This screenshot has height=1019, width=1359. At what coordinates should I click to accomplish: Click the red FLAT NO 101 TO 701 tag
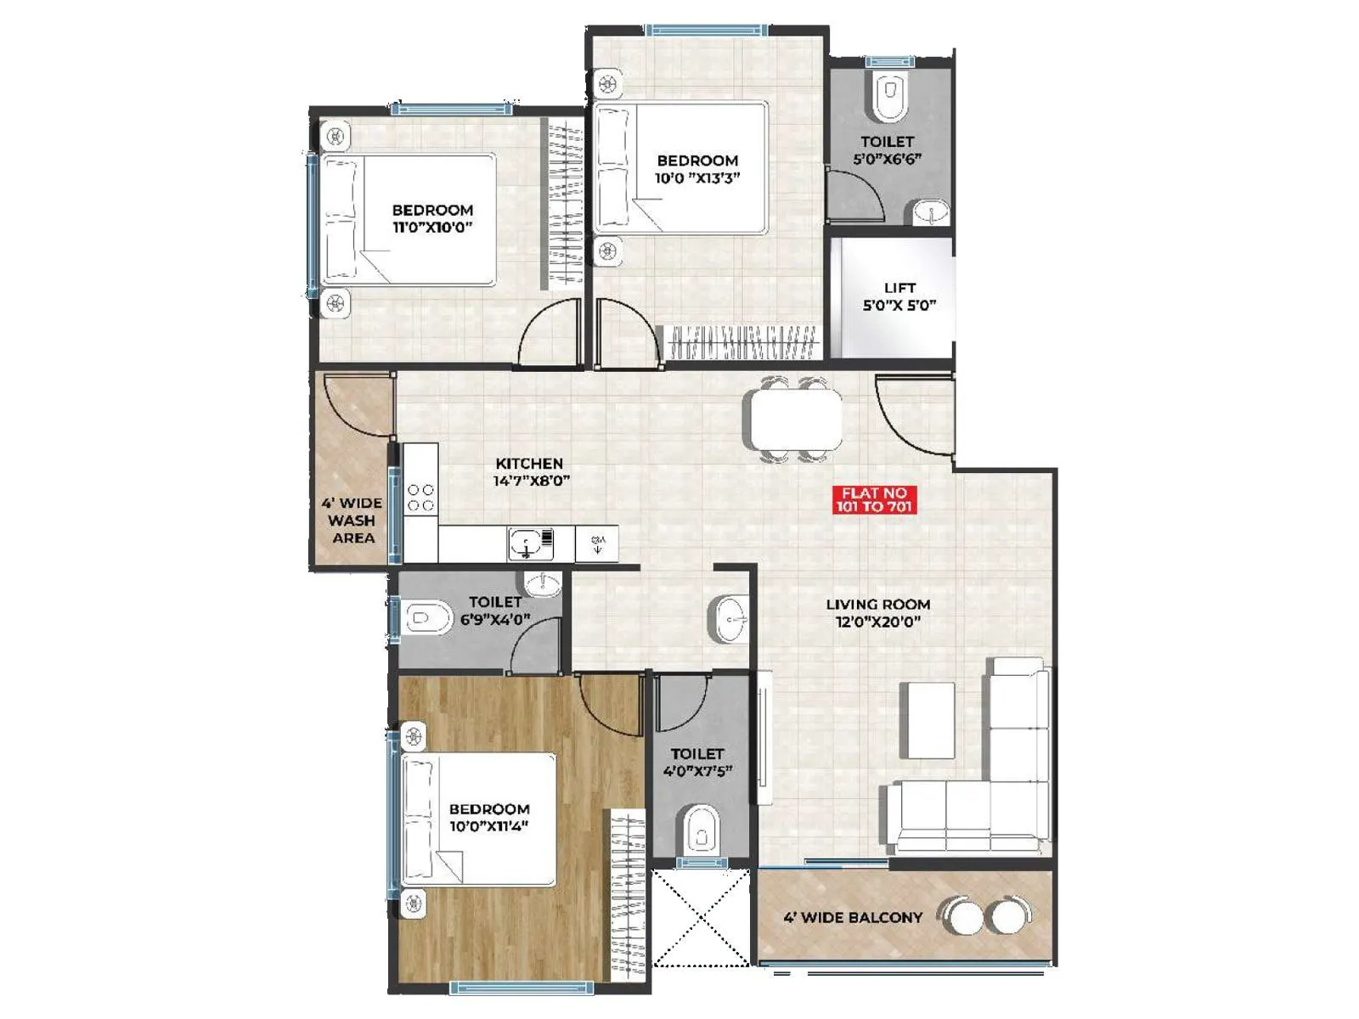[x=874, y=499]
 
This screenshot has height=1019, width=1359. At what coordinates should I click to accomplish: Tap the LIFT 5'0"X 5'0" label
[x=899, y=296]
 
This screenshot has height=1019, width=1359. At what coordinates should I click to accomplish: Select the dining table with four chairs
[x=796, y=419]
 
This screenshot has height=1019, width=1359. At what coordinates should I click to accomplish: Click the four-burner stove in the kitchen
[x=420, y=498]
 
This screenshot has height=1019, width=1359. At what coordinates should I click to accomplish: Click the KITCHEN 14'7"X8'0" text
[x=530, y=471]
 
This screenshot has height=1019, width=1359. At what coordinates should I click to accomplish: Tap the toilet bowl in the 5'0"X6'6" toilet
[x=888, y=95]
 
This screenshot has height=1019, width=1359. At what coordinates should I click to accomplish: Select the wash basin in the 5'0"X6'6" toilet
[x=932, y=212]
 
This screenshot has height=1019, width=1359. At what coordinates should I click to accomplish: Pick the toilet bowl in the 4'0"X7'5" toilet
[x=702, y=829]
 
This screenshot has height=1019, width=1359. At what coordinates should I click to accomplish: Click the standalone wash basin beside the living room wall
[x=730, y=619]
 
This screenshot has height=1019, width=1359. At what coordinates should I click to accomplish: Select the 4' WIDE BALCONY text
[x=852, y=917]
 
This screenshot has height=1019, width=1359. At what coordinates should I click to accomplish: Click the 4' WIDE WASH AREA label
[x=352, y=520]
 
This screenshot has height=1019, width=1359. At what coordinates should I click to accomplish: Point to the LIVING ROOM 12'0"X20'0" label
[x=877, y=612]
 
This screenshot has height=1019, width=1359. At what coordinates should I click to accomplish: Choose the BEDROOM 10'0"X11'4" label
[x=488, y=817]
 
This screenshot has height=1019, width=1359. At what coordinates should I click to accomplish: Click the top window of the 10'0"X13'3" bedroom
[x=708, y=31]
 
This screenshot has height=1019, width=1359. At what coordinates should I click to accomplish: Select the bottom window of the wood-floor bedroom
[x=521, y=988]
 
